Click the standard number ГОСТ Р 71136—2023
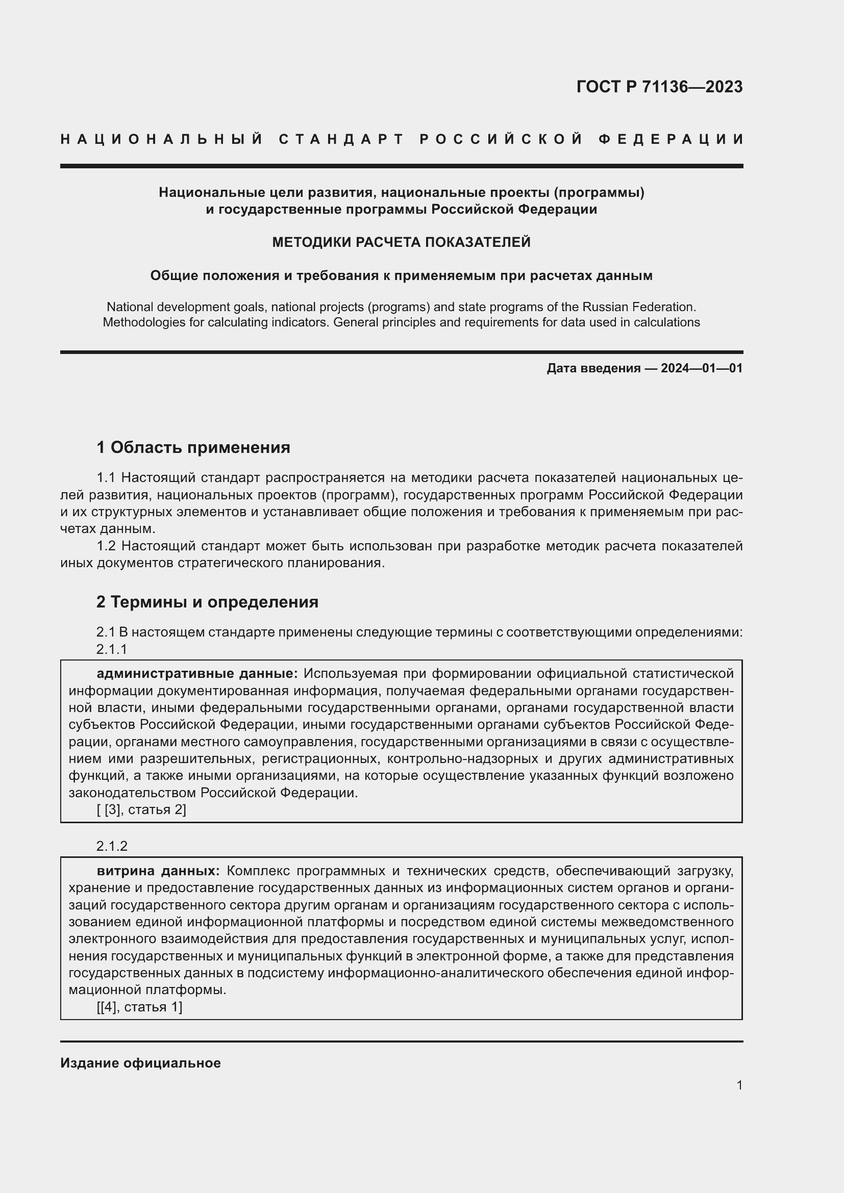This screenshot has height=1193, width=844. (659, 87)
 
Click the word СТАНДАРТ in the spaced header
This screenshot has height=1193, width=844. (341, 139)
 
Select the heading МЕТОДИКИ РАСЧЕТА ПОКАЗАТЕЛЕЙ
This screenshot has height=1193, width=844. (401, 242)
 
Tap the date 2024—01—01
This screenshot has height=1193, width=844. (702, 368)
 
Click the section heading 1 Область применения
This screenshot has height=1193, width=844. (193, 447)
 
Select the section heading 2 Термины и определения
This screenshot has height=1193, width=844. (207, 602)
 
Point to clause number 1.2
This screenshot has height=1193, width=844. (107, 546)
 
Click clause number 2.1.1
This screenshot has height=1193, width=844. (112, 649)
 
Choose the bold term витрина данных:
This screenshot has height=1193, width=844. (159, 871)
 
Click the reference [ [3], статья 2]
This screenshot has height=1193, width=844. (141, 809)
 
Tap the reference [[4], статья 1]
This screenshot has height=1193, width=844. (139, 1007)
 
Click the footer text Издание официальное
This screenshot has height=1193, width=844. (140, 1063)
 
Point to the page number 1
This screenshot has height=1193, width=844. (739, 1085)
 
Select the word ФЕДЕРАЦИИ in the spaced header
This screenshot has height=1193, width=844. (671, 139)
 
